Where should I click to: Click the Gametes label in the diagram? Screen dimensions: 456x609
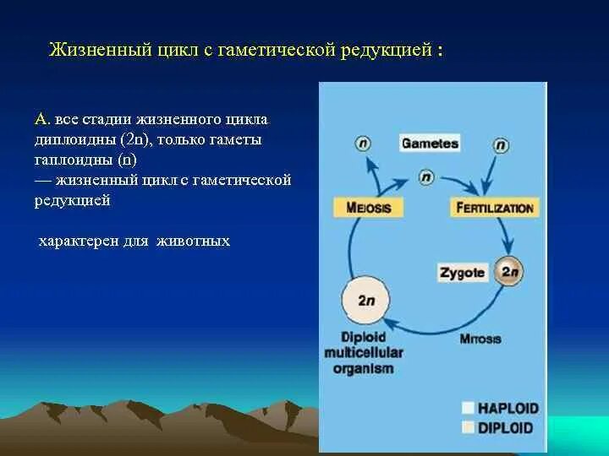[x=430, y=144]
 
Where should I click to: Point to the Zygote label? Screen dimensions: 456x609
[x=462, y=273]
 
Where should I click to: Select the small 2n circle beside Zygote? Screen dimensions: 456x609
[x=509, y=272]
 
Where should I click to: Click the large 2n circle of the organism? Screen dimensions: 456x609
[x=365, y=300]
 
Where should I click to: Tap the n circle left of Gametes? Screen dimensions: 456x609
[x=364, y=144]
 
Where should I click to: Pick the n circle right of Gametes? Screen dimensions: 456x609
[x=502, y=144]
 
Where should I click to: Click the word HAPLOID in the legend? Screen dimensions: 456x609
[x=507, y=408]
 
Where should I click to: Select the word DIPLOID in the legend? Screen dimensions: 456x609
[x=506, y=427]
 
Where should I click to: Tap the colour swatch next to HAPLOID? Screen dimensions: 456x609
[x=469, y=408]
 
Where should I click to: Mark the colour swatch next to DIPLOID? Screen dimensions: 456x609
[x=469, y=427]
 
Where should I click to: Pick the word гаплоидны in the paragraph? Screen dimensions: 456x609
[x=73, y=160]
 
